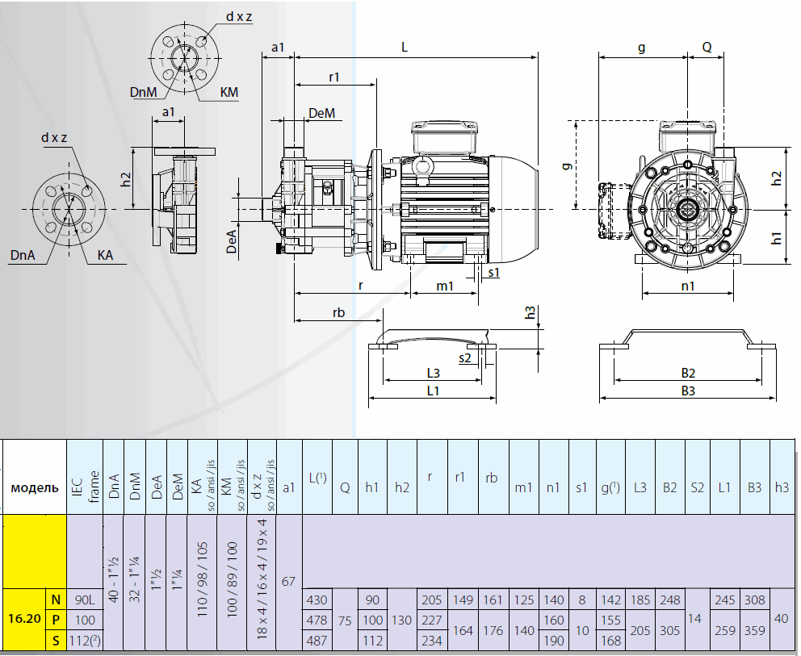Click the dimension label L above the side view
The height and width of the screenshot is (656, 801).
405,48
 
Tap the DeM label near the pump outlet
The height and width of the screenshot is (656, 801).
321,114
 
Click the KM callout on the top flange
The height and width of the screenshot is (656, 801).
229,93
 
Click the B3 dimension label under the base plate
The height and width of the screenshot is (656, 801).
688,391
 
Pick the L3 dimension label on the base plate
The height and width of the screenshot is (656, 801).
432,373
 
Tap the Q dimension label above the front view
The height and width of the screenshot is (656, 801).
707,48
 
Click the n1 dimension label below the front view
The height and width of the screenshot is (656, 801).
688,286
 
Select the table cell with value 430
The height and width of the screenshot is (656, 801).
317,600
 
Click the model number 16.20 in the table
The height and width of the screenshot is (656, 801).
24,620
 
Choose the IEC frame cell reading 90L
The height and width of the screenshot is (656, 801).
84,600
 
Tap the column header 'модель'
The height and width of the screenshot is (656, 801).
34,487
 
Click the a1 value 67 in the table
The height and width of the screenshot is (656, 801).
289,581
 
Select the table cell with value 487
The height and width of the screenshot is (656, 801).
317,640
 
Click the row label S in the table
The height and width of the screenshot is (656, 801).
56,640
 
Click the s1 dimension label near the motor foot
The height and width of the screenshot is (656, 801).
493,273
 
